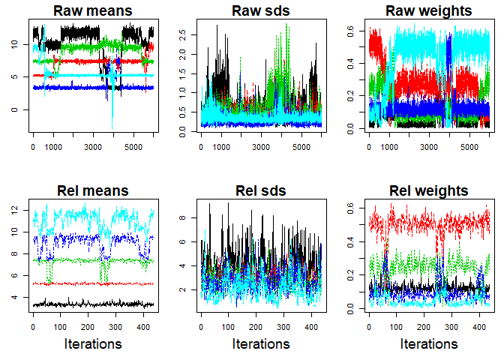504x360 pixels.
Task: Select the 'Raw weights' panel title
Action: (428, 11)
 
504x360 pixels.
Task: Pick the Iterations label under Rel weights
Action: (428, 343)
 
